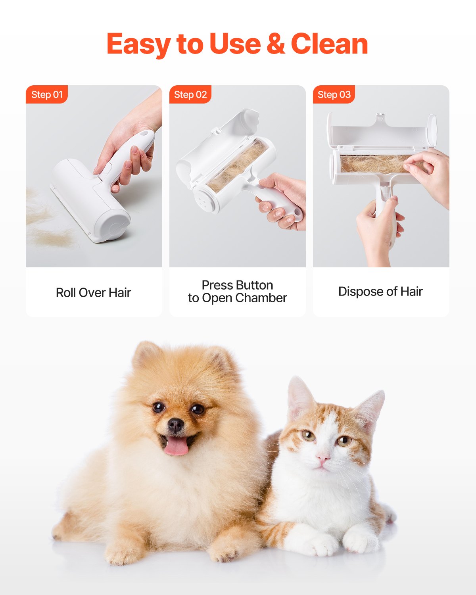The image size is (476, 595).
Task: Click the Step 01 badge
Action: point(47,94)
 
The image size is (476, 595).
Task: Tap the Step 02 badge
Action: point(190,94)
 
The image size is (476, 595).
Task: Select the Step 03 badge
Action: point(334,94)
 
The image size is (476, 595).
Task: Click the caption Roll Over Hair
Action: point(94,292)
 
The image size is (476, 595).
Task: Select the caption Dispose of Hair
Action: point(380,292)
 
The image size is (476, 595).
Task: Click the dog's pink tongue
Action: point(177,446)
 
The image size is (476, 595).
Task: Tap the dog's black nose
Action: point(176,425)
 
